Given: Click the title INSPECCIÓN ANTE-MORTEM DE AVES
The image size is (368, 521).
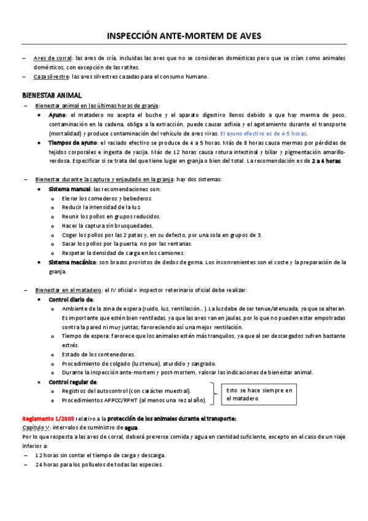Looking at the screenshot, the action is [184, 37].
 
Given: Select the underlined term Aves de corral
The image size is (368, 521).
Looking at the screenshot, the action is [53, 58].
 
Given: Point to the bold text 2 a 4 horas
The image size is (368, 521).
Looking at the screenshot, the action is [326, 161].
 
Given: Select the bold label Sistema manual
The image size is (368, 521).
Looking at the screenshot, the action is [69, 189].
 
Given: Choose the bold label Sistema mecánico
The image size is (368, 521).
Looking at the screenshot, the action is [72, 262].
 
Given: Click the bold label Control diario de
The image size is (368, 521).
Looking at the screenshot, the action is [71, 299].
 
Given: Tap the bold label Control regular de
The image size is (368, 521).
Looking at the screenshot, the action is [72, 382].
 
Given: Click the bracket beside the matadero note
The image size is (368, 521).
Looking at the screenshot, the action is [213, 394].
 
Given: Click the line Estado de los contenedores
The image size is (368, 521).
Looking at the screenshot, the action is [98, 355].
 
